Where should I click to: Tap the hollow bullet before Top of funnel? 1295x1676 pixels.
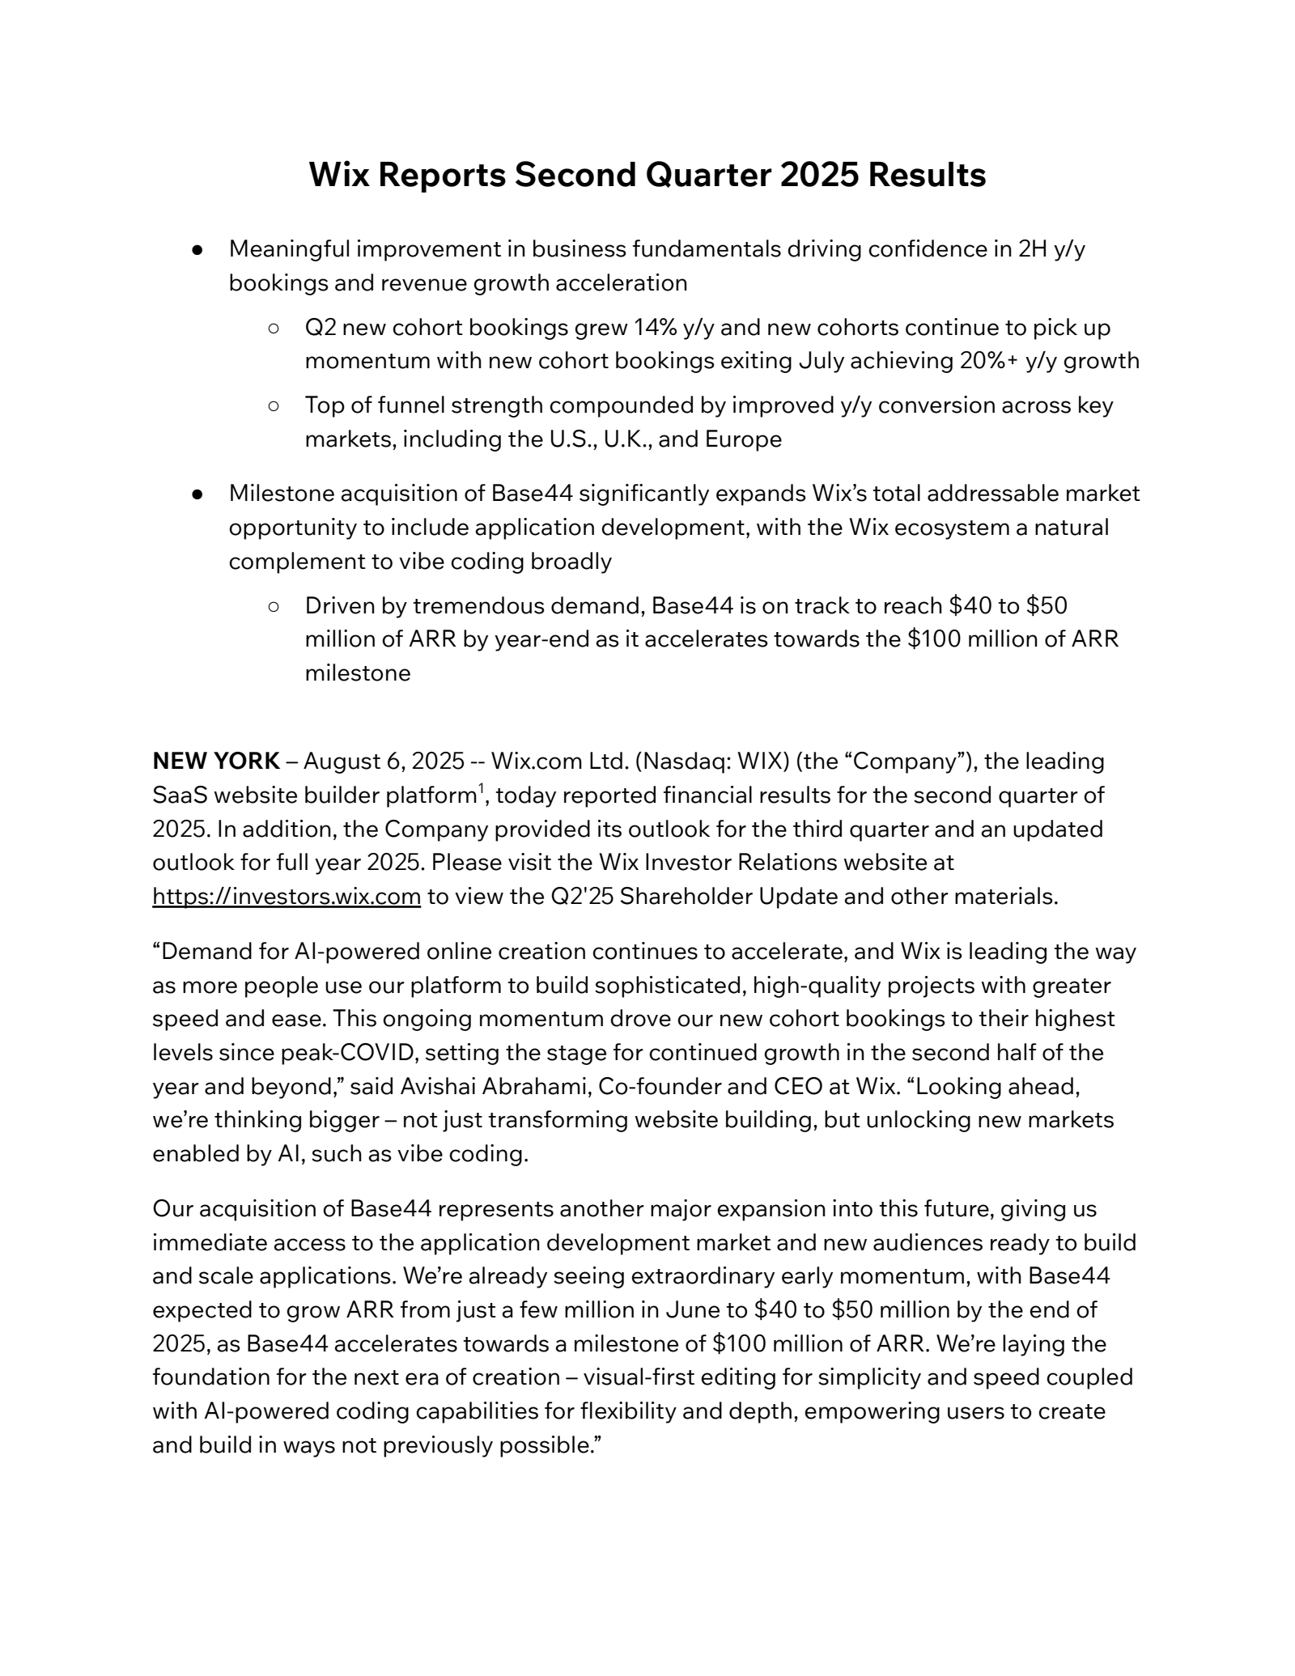coord(274,405)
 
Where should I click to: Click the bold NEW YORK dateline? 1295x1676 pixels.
coord(215,761)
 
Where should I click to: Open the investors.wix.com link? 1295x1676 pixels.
coord(287,897)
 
